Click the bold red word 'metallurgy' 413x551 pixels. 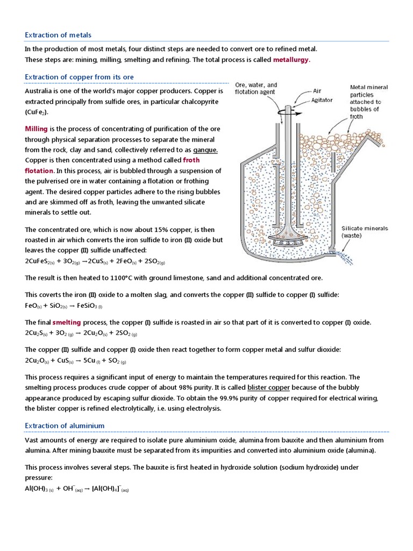pos(291,60)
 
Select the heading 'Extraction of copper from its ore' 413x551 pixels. pos(80,77)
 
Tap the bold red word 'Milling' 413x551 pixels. pos(37,129)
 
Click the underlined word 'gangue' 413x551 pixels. pos(205,149)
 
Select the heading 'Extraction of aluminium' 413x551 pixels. pos(65,426)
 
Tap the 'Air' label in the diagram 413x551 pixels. pos(318,91)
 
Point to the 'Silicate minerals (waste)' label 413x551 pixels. pos(365,231)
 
